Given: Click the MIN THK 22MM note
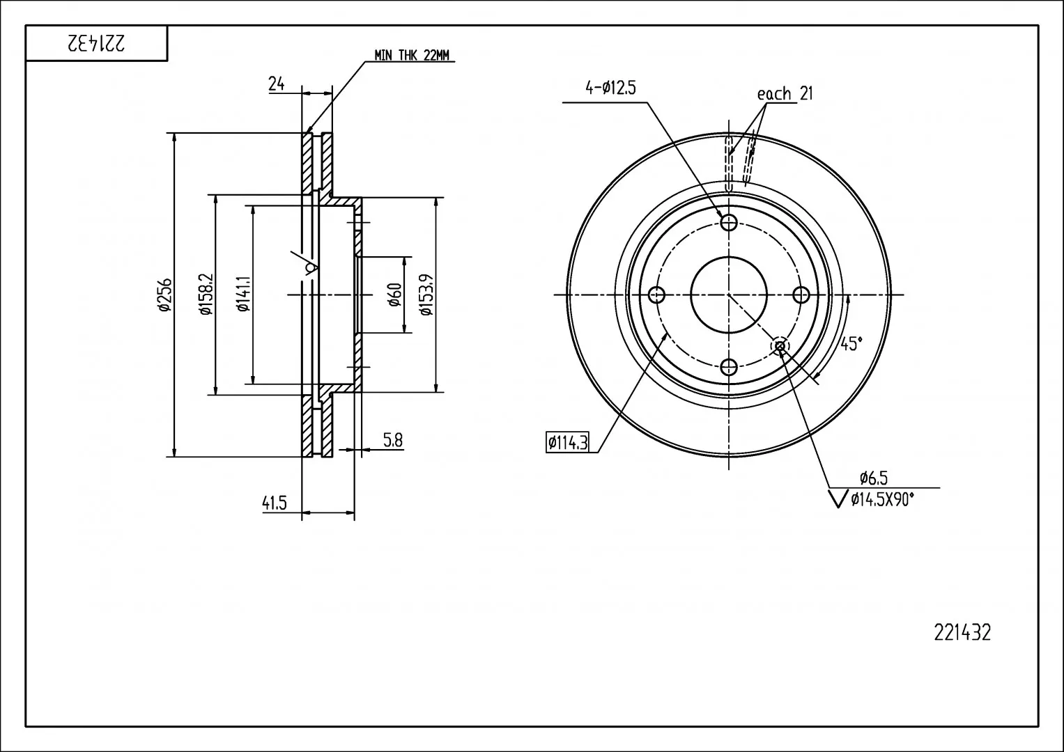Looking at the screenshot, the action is pyautogui.click(x=411, y=55).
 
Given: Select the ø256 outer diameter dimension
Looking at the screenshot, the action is pyautogui.click(x=165, y=295).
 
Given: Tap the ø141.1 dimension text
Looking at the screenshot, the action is pyautogui.click(x=244, y=295).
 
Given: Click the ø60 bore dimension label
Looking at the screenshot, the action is pyautogui.click(x=394, y=295).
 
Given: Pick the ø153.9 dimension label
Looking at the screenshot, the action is pyautogui.click(x=426, y=295).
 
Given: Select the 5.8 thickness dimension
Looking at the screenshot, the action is pyautogui.click(x=393, y=440).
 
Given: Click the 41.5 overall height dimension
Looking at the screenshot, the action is pyautogui.click(x=275, y=503).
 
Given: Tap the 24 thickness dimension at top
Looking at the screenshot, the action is pyautogui.click(x=277, y=84).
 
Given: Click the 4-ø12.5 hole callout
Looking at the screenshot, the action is pyautogui.click(x=610, y=88).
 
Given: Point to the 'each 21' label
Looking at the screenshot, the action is pyautogui.click(x=785, y=93).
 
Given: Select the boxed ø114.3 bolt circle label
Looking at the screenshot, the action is pyautogui.click(x=567, y=443).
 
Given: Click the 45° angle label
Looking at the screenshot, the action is pyautogui.click(x=851, y=343).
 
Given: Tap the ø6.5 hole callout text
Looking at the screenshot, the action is pyautogui.click(x=874, y=477).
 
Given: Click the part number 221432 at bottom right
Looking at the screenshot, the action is pyautogui.click(x=962, y=633).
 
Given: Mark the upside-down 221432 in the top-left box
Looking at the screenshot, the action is pyautogui.click(x=96, y=43).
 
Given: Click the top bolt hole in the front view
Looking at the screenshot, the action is pyautogui.click(x=729, y=222).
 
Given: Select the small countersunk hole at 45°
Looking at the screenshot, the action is pyautogui.click(x=780, y=345).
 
